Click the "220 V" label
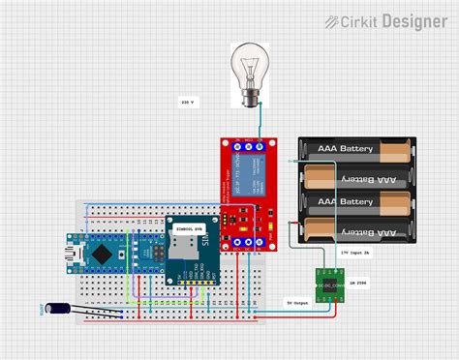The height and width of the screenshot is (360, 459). [187, 102]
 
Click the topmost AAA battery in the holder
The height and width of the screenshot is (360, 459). [358, 150]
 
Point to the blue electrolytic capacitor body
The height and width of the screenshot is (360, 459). [59, 310]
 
